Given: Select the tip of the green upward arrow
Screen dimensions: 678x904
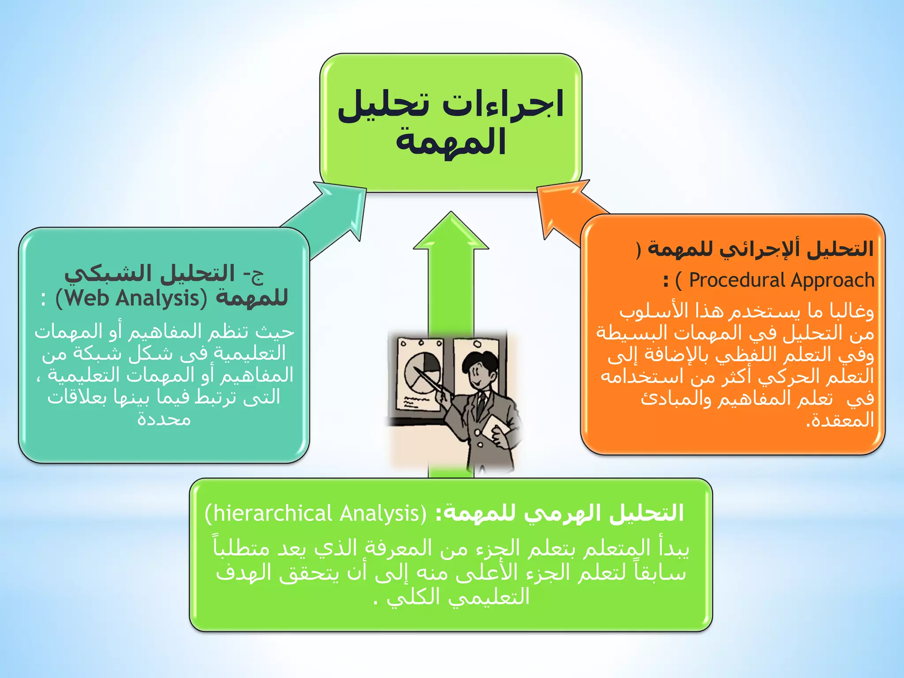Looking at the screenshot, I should click(x=451, y=215).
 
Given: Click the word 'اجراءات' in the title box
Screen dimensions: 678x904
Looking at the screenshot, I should click(x=503, y=104).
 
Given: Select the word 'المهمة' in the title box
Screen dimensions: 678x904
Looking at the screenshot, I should click(x=450, y=141).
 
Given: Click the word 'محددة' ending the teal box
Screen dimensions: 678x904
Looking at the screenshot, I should click(x=164, y=418).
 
